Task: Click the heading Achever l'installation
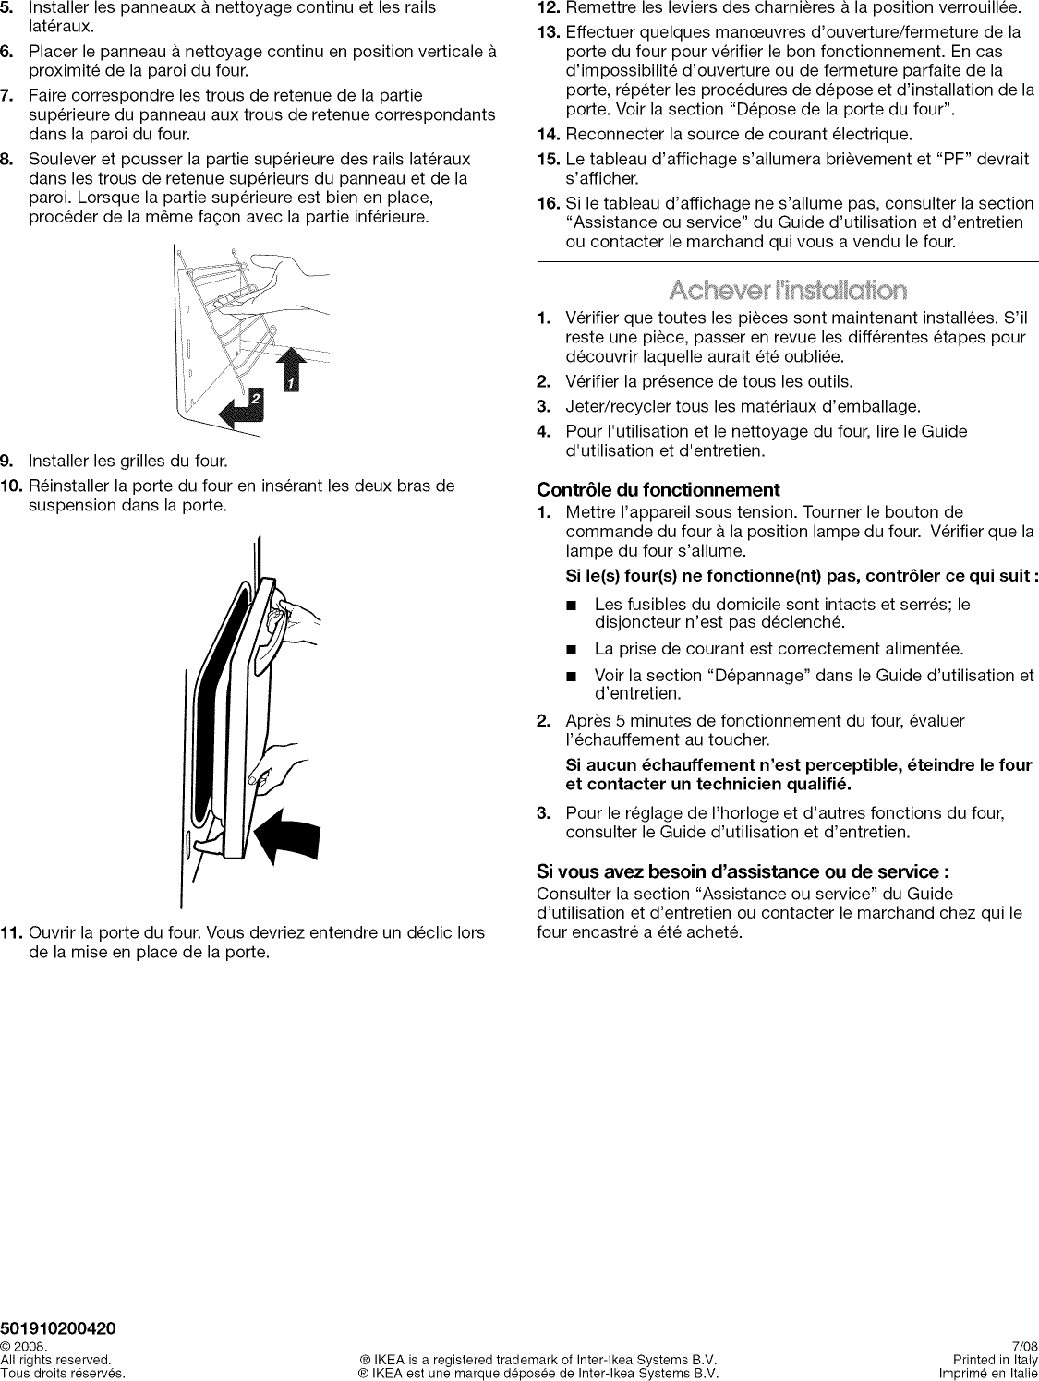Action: coord(788,292)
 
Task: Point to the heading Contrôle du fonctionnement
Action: coord(658,490)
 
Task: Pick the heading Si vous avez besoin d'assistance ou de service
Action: coord(743,871)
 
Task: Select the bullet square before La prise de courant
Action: coord(573,650)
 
